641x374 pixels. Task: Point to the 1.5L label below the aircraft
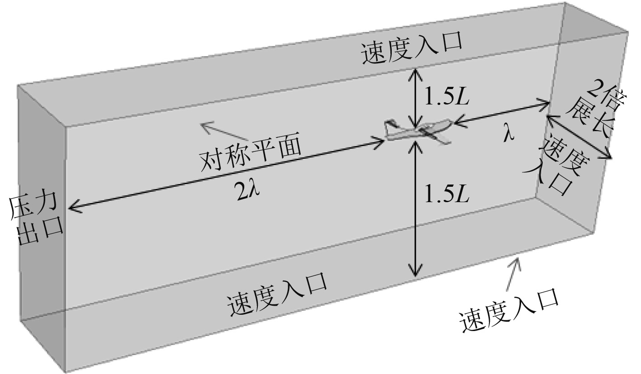click(446, 194)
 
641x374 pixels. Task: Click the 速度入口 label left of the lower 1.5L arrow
click(277, 294)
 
